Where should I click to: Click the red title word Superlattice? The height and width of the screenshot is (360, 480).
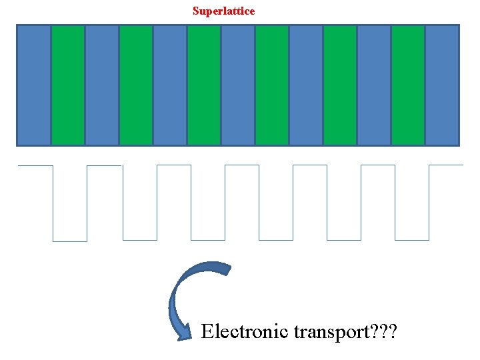click(x=223, y=11)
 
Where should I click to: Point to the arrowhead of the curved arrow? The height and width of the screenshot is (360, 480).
click(x=181, y=333)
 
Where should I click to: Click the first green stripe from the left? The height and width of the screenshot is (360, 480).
click(x=68, y=85)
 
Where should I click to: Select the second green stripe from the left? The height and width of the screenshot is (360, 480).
click(x=136, y=85)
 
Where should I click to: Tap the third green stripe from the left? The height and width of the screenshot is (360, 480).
click(x=204, y=85)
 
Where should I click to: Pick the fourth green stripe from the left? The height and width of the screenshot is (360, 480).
click(x=272, y=85)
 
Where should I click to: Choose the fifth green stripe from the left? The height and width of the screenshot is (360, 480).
click(x=340, y=85)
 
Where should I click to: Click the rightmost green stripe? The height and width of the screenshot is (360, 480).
click(x=408, y=85)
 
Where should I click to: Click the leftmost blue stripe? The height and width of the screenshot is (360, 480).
click(x=34, y=85)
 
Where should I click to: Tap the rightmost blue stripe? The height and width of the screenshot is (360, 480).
click(x=442, y=85)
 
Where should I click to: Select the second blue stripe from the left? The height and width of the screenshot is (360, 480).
click(x=102, y=85)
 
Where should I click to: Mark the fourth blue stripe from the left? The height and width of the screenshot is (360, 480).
click(x=238, y=85)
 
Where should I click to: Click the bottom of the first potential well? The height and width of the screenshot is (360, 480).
click(x=70, y=241)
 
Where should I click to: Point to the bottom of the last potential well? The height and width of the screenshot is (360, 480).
click(x=412, y=239)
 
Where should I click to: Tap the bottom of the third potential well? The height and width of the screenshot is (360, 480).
click(x=208, y=239)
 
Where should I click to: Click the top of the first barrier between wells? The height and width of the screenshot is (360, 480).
click(x=105, y=165)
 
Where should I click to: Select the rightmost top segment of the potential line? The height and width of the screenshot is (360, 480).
click(x=446, y=165)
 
